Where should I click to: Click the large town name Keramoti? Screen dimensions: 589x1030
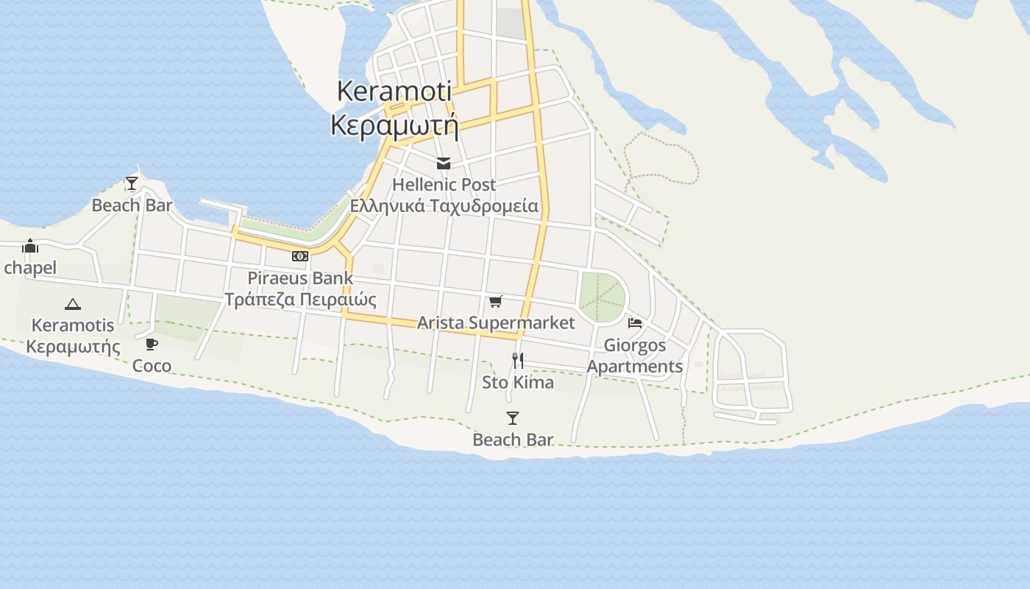click(394, 91)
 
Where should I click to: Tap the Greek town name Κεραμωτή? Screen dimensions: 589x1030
click(394, 125)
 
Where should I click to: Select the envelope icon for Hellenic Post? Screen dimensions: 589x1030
click(444, 163)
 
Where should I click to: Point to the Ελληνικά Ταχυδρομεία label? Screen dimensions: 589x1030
click(444, 205)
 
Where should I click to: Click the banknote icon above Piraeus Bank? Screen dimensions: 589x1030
click(300, 256)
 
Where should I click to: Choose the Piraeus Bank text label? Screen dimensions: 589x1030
click(300, 278)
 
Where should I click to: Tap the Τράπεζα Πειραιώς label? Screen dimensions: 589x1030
click(300, 300)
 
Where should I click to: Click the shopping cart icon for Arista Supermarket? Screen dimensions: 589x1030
click(496, 301)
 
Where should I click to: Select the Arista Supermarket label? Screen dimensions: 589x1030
click(496, 322)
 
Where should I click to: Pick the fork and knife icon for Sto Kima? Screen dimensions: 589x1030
click(518, 360)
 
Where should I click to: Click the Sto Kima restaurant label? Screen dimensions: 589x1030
click(518, 382)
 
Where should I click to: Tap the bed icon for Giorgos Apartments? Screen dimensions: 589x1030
click(635, 322)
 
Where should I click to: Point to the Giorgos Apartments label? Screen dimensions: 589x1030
click(635, 356)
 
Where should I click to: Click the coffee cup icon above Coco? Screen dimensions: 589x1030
click(152, 344)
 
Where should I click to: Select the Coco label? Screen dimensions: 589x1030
click(152, 365)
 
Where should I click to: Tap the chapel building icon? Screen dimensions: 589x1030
click(30, 246)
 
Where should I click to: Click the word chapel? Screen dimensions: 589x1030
click(30, 267)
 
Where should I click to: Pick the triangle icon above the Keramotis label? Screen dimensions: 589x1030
click(72, 304)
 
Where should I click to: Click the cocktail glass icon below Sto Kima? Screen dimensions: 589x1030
click(513, 418)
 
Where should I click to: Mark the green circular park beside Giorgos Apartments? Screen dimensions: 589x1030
click(603, 297)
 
